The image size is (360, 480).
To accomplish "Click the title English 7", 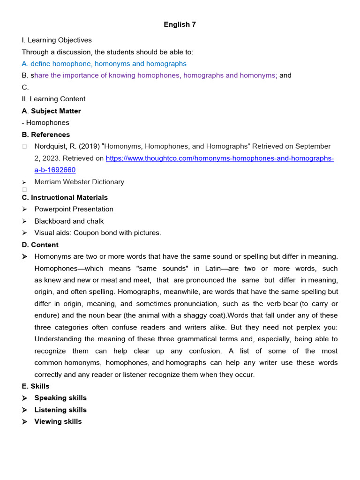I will pyautogui.click(x=180, y=24).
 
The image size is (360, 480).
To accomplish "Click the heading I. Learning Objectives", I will pyautogui.click(x=57, y=40).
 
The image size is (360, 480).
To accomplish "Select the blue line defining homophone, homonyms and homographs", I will pyautogui.click(x=104, y=64).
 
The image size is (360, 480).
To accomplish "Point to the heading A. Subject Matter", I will pyautogui.click(x=51, y=111).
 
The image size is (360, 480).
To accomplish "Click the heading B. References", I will pyautogui.click(x=45, y=135).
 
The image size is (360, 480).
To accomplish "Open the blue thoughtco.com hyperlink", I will pyautogui.click(x=219, y=158).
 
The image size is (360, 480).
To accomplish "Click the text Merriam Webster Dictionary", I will pyautogui.click(x=79, y=182).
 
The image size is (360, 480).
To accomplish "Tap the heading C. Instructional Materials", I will pyautogui.click(x=65, y=197).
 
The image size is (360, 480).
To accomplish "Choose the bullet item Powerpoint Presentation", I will pyautogui.click(x=74, y=209).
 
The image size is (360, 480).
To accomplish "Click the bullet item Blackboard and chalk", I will pyautogui.click(x=69, y=221).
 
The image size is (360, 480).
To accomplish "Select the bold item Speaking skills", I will pyautogui.click(x=60, y=398).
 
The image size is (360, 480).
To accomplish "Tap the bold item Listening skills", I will pyautogui.click(x=60, y=410).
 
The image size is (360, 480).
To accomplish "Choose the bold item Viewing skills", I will pyautogui.click(x=58, y=421).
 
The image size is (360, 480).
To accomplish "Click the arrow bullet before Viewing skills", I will pyautogui.click(x=24, y=421).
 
